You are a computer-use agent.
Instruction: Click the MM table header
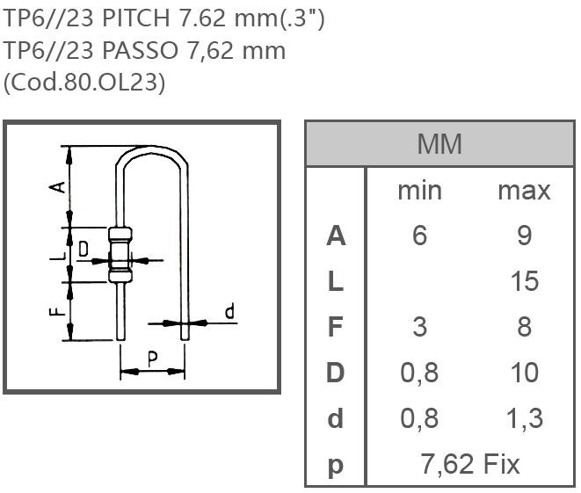pyautogui.click(x=439, y=144)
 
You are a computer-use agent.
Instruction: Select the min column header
pyautogui.click(x=419, y=191)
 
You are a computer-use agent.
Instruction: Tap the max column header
pyautogui.click(x=524, y=191)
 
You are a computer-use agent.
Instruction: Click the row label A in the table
pyautogui.click(x=336, y=236)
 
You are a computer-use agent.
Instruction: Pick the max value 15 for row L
pyautogui.click(x=524, y=282)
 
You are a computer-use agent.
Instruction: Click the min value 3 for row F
pyautogui.click(x=419, y=328)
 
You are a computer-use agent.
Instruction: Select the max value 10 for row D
pyautogui.click(x=524, y=373)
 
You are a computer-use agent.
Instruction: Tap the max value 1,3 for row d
pyautogui.click(x=524, y=419)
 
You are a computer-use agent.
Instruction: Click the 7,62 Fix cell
pyautogui.click(x=471, y=464)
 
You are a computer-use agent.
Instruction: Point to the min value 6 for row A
pyautogui.click(x=419, y=236)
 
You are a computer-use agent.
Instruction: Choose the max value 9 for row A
pyautogui.click(x=524, y=236)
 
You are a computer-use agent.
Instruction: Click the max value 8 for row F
pyautogui.click(x=524, y=328)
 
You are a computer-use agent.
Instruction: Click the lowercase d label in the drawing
pyautogui.click(x=229, y=312)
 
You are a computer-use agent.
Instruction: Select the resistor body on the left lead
pyautogui.click(x=120, y=256)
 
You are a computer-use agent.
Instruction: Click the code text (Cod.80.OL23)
pyautogui.click(x=84, y=82)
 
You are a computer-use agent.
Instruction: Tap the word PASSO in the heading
pyautogui.click(x=142, y=50)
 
